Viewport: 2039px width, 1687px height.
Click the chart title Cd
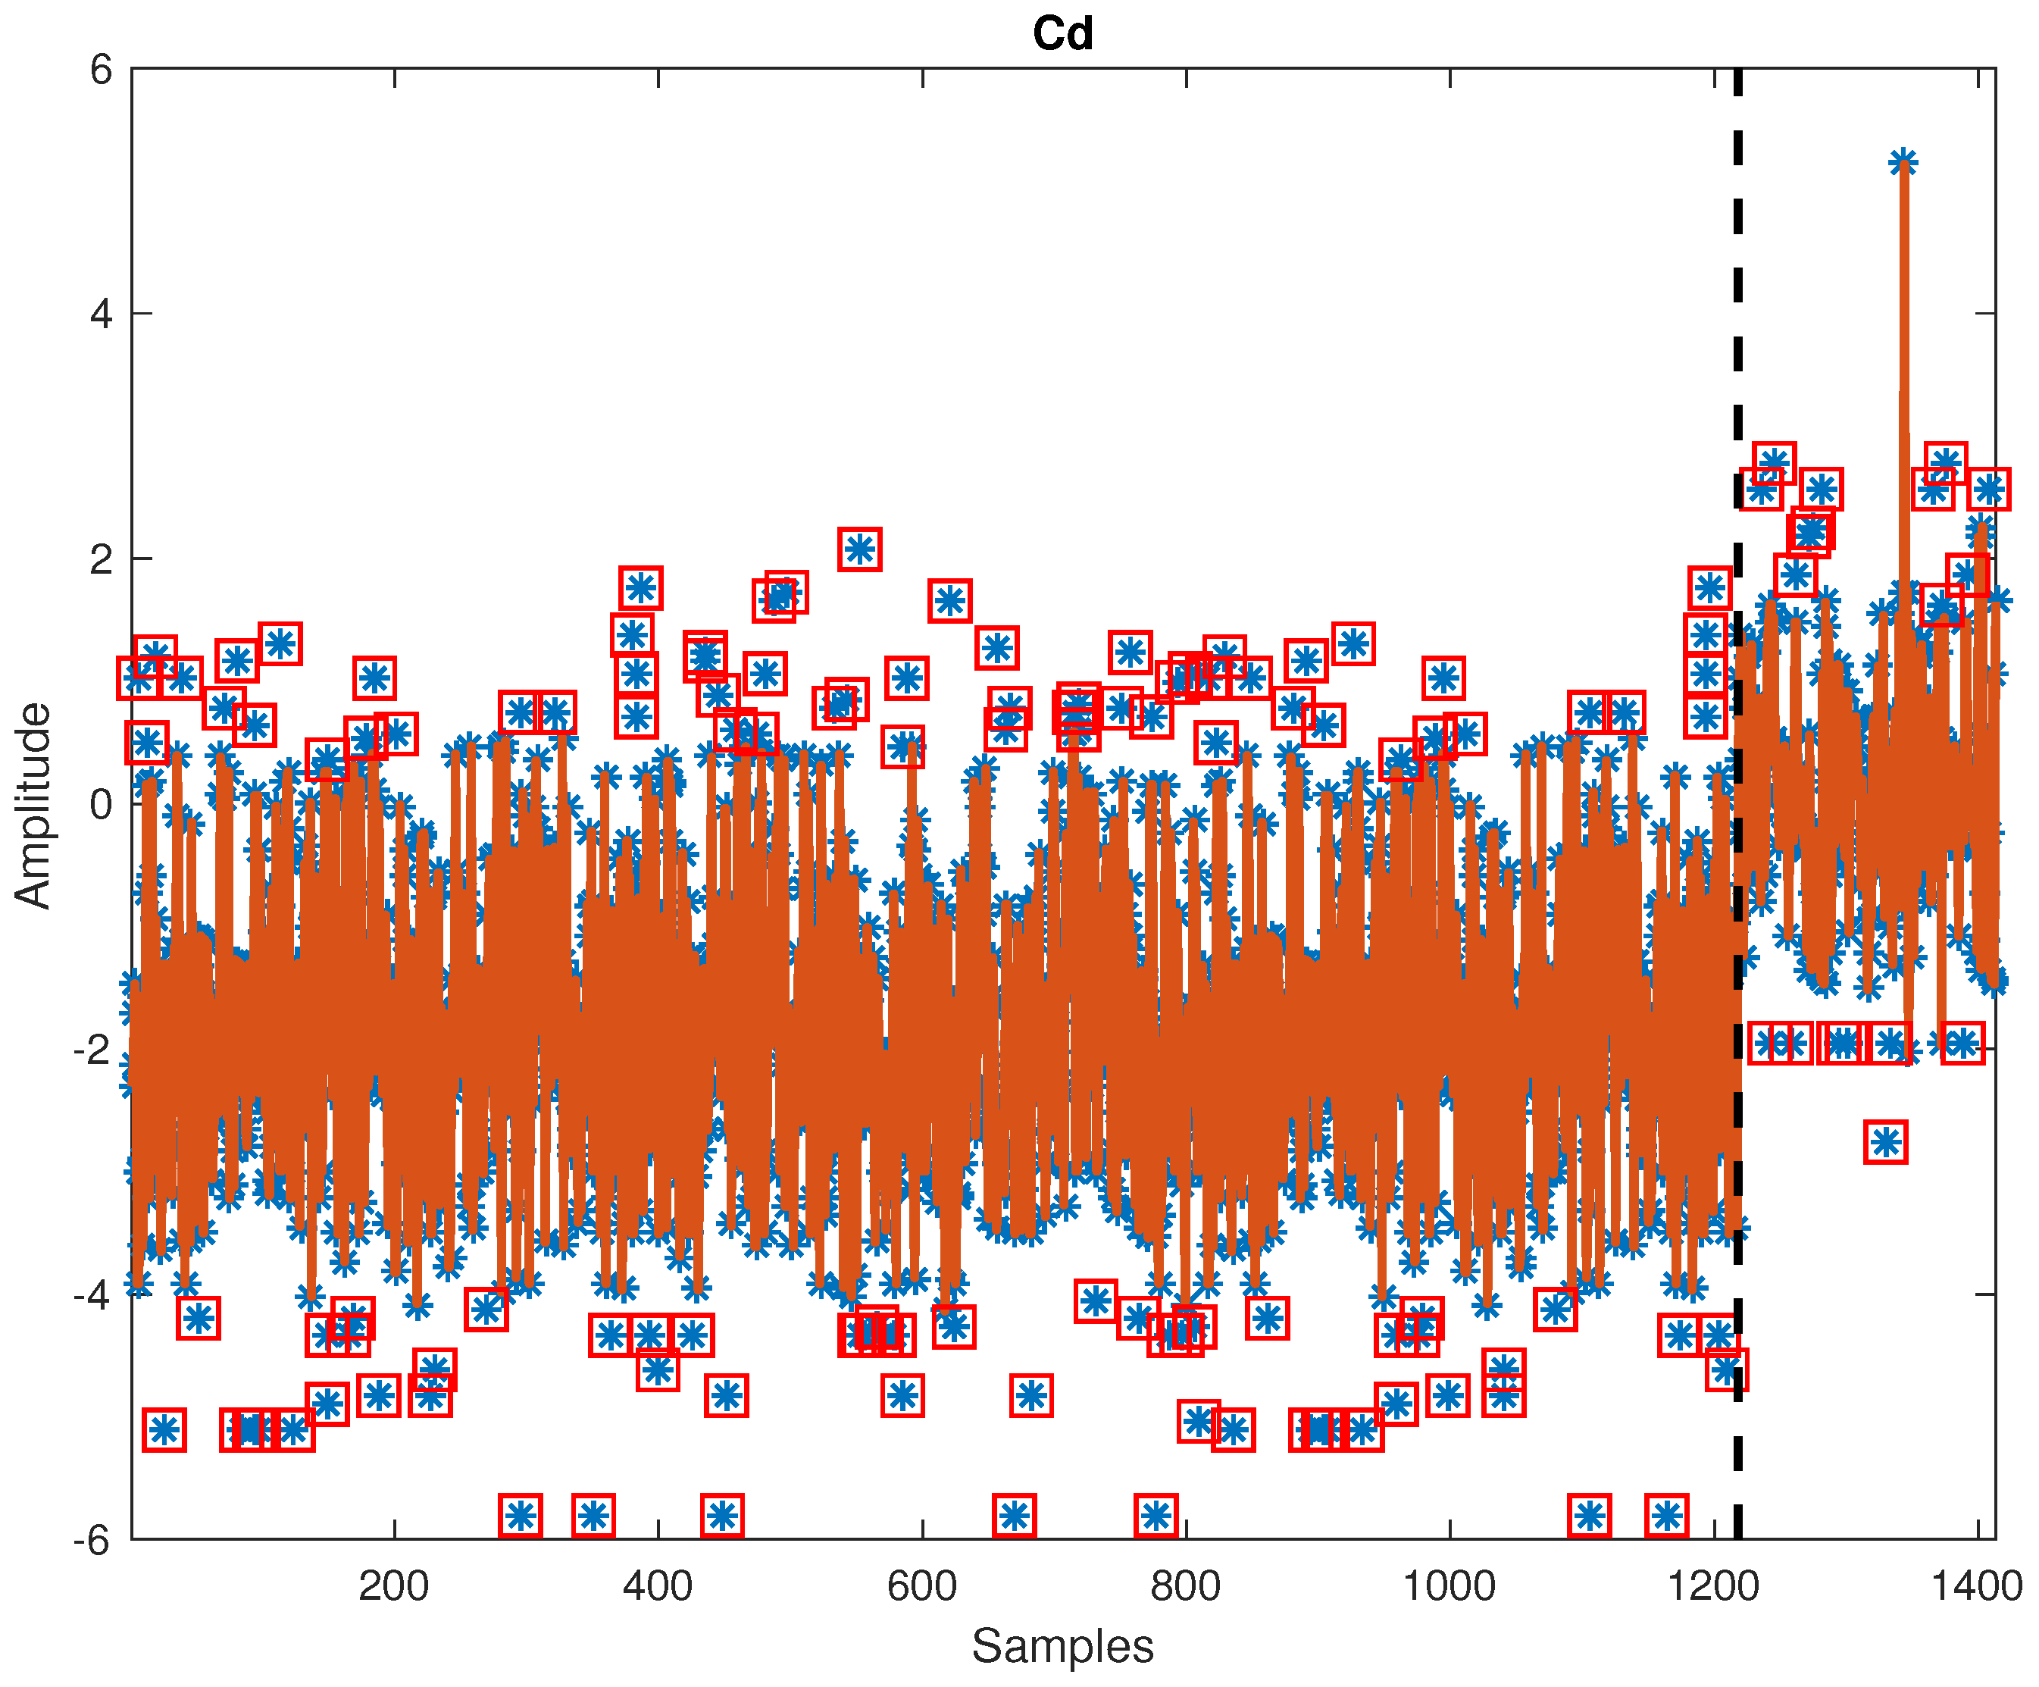pyautogui.click(x=1062, y=35)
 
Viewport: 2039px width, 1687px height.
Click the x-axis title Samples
pyautogui.click(x=1062, y=1645)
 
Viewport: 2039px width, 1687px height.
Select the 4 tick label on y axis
pyautogui.click(x=101, y=314)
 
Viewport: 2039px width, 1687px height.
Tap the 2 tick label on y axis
pyautogui.click(x=101, y=559)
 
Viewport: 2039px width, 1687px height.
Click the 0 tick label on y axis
pyautogui.click(x=101, y=804)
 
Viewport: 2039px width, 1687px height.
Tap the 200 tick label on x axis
pyautogui.click(x=393, y=1587)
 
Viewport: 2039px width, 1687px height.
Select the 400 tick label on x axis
pyautogui.click(x=658, y=1587)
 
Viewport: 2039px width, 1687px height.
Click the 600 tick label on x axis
pyautogui.click(x=921, y=1587)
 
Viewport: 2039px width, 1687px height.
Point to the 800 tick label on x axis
pyautogui.click(x=1186, y=1587)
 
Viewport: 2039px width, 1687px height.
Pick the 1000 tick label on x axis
pyautogui.click(x=1450, y=1587)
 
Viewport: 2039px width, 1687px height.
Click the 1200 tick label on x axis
pyautogui.click(x=1714, y=1587)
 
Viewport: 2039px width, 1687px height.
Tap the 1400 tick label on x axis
pyautogui.click(x=1977, y=1587)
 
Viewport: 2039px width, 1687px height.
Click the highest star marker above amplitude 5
pyautogui.click(x=1903, y=162)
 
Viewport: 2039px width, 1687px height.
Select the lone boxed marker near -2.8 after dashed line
pyautogui.click(x=1886, y=1142)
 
